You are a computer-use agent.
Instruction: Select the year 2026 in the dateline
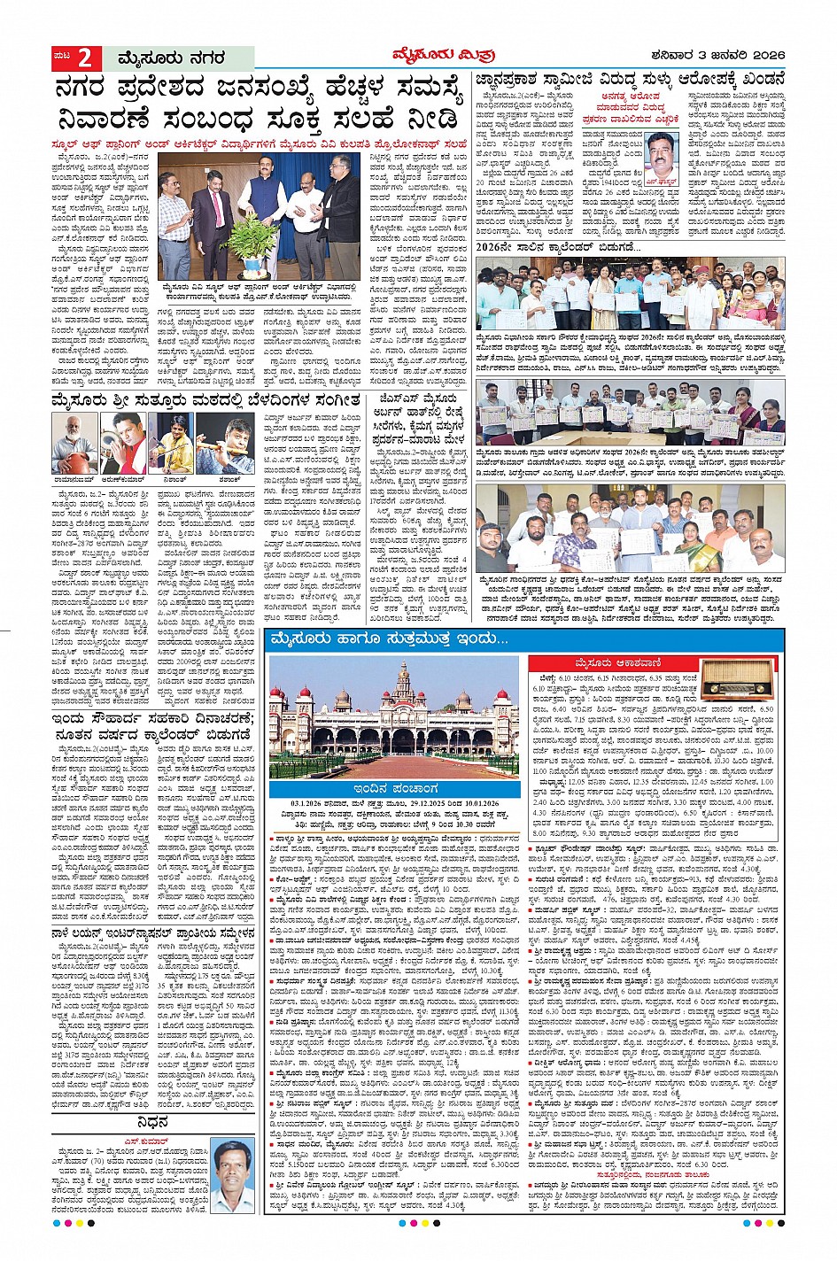click(761, 58)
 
